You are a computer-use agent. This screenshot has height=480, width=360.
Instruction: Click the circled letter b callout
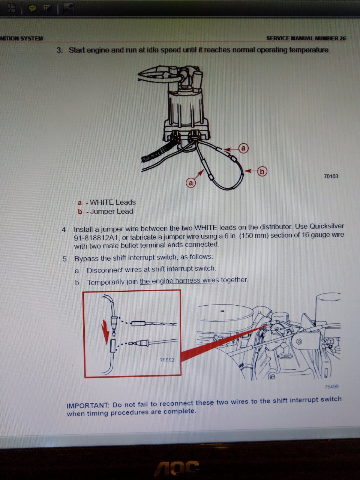(x=262, y=172)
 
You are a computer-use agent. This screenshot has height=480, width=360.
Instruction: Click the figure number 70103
(x=331, y=176)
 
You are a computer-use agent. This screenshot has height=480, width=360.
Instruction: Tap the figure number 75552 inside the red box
(x=167, y=360)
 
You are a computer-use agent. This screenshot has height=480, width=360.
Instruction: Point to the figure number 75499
(x=331, y=386)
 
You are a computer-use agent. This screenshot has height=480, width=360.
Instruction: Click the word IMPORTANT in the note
(x=88, y=405)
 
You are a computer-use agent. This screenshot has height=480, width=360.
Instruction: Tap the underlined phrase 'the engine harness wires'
(x=179, y=280)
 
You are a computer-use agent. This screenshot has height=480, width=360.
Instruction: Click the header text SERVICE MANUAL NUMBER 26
(x=306, y=39)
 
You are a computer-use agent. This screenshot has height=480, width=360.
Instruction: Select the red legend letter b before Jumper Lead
(x=80, y=212)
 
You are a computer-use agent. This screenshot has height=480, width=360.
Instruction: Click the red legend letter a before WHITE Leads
(x=80, y=203)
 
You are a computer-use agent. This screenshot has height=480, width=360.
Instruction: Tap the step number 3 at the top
(x=59, y=50)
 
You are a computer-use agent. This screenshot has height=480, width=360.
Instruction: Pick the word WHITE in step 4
(x=205, y=228)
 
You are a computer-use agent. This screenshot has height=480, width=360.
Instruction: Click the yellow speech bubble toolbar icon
(x=32, y=9)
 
